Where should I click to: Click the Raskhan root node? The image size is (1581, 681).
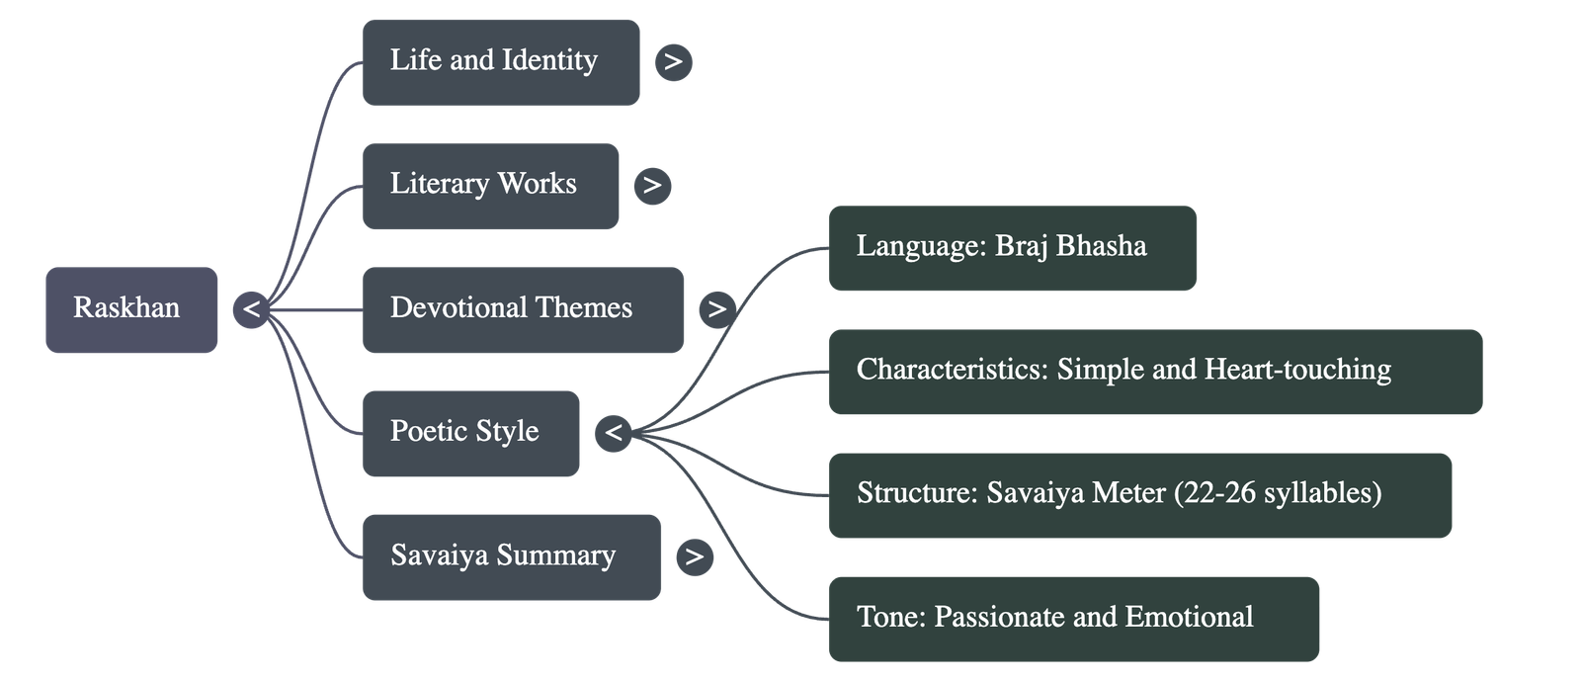131,309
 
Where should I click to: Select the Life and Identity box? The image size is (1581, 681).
500,61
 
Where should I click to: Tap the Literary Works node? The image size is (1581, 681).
490,185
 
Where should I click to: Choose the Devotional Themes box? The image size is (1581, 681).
523,309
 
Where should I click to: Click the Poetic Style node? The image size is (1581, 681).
470,433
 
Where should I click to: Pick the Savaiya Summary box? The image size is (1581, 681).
511,556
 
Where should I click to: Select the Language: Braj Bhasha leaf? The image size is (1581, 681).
1012,248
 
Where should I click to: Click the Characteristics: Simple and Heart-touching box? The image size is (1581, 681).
1154,372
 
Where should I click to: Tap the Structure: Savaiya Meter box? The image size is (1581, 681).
1139,495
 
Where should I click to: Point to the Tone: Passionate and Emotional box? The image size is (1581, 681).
1073,619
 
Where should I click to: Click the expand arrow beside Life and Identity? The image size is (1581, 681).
673,61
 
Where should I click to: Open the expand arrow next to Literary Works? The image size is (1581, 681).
651,185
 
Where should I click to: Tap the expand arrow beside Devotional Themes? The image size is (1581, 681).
716,309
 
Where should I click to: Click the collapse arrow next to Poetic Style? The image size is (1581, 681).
614,433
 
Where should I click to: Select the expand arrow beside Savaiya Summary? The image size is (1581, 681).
694,556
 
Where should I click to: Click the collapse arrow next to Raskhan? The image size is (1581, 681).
251,309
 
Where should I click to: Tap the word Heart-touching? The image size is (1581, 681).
1297,370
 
